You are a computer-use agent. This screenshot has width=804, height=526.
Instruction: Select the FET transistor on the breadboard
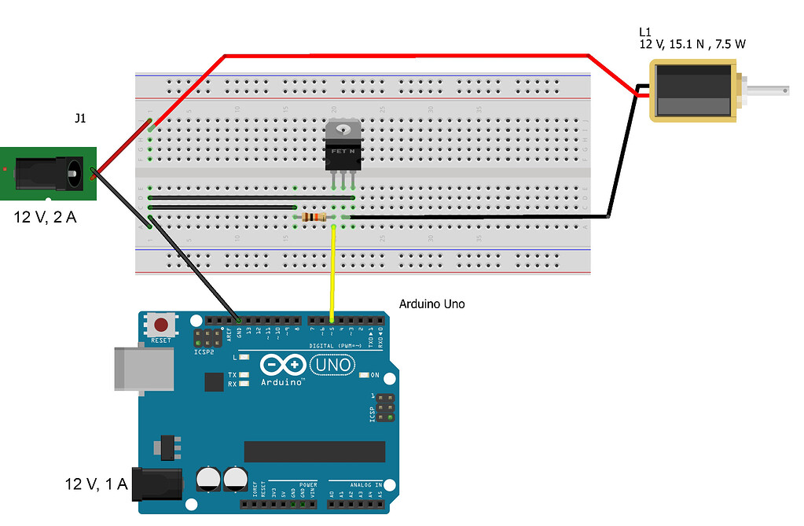tap(343, 147)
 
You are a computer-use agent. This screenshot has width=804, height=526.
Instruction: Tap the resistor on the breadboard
tap(314, 217)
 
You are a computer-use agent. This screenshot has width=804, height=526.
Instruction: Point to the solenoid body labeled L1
tap(692, 92)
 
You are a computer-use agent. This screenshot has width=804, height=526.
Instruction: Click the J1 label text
tap(80, 119)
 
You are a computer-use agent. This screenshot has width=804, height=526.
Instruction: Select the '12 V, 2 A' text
tap(46, 217)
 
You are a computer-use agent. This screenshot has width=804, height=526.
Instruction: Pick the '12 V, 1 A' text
tap(96, 484)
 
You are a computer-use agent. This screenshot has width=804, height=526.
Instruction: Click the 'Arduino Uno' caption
tap(431, 303)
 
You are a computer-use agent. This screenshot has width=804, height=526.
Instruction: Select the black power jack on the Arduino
tap(157, 484)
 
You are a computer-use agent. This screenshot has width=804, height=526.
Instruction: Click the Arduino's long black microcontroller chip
tap(314, 451)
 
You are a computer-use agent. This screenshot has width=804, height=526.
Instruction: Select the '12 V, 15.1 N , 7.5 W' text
tap(692, 45)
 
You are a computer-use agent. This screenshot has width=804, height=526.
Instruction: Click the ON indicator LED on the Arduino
tap(364, 375)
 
